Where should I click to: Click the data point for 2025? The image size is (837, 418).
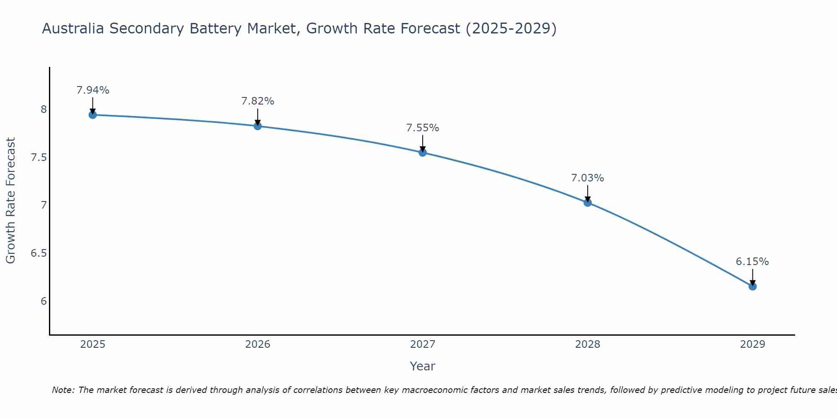[92, 115]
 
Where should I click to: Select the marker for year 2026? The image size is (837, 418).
[257, 126]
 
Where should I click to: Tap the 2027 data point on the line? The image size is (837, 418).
[423, 153]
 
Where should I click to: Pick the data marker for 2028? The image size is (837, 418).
[588, 203]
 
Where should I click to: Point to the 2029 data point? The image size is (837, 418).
[752, 286]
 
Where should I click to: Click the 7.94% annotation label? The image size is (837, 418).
[93, 90]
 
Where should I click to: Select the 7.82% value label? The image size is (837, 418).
[258, 101]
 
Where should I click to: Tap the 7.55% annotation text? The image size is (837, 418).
[423, 128]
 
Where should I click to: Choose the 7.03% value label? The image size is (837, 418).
[588, 178]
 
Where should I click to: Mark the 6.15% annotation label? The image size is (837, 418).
[752, 262]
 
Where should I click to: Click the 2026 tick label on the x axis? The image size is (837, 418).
[257, 344]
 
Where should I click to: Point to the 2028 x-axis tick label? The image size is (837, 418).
[588, 344]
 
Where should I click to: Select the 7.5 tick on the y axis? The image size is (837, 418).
[39, 158]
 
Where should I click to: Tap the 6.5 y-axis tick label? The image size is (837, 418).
[39, 253]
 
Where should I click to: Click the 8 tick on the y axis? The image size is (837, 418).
[44, 110]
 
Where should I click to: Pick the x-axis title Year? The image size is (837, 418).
[423, 366]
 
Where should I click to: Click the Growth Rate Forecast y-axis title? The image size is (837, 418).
[10, 201]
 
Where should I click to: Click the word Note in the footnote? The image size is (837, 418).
[62, 390]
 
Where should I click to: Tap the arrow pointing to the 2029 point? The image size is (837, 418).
[752, 277]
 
